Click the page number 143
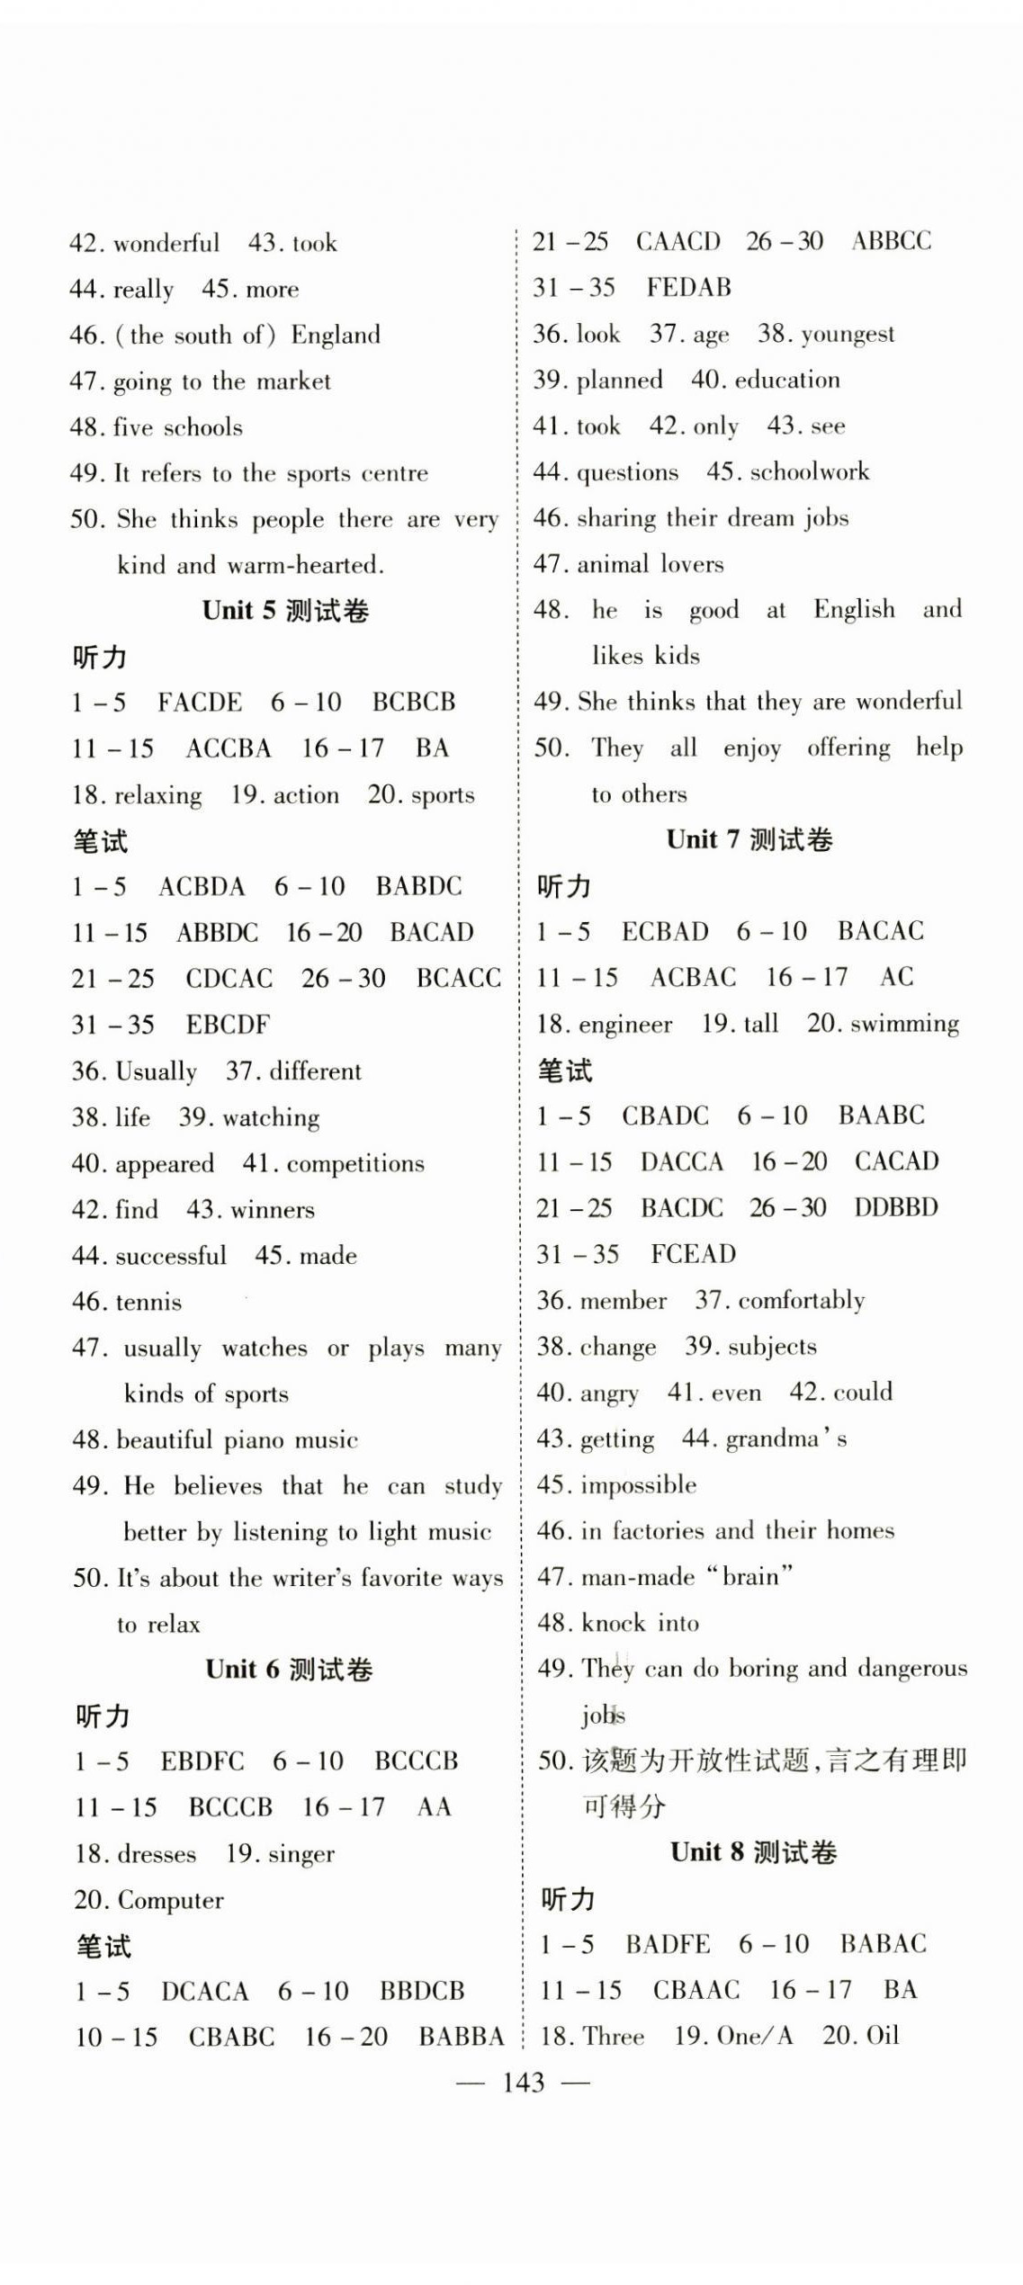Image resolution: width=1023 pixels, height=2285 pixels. pos(524,2083)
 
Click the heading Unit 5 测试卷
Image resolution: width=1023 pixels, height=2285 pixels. pos(285,611)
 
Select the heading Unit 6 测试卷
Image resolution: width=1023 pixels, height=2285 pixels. pos(289,1670)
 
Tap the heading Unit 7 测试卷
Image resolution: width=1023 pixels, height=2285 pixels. pos(749,839)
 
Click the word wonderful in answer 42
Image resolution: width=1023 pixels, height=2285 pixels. pos(166,243)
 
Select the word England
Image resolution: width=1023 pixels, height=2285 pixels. pos(336,335)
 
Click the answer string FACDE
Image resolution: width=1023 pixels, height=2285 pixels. pos(200,702)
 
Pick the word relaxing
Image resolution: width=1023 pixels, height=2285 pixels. pos(158,795)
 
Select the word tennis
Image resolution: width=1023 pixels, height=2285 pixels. pos(148,1302)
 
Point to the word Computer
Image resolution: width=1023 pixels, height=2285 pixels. pos(170,1900)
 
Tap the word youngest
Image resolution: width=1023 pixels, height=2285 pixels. pos(848,335)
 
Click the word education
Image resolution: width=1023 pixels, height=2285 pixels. pos(787,380)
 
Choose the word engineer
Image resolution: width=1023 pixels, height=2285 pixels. pos(625,1024)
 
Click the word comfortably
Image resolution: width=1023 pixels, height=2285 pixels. pos(801,1300)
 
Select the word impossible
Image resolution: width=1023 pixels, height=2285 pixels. pos(638,1484)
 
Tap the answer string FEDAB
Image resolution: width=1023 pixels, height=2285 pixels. pos(688,288)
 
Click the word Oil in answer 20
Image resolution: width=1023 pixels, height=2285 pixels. pos(882,2036)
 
